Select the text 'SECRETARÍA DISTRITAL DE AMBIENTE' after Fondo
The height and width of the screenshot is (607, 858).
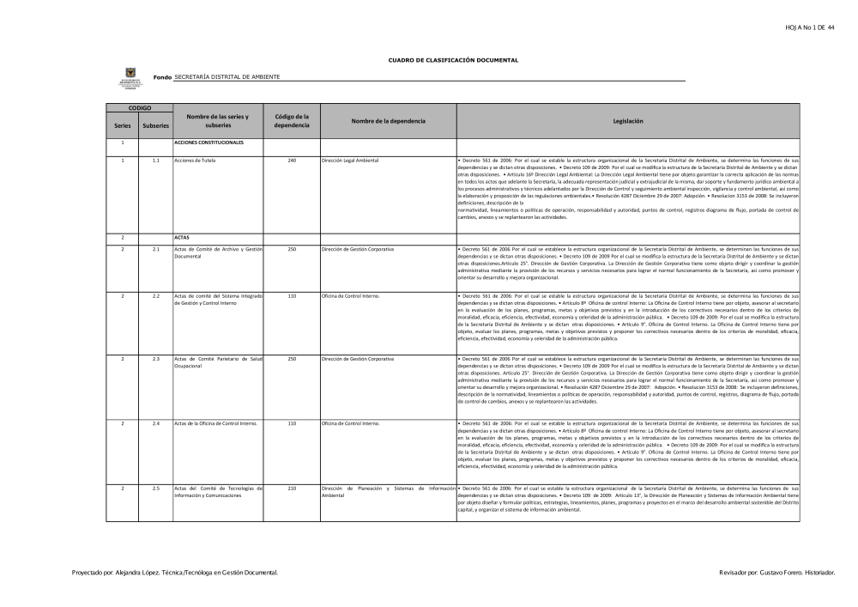coord(227,77)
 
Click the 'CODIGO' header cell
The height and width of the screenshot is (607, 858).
coord(139,108)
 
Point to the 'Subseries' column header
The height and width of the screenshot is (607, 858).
coord(155,125)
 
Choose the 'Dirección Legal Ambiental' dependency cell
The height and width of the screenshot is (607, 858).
coord(355,161)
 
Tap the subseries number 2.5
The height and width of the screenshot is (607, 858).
coord(155,488)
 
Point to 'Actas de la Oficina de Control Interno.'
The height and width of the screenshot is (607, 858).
coord(215,423)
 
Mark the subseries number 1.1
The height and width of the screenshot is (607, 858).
coord(155,161)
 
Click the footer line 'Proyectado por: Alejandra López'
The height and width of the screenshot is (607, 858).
coord(175,572)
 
